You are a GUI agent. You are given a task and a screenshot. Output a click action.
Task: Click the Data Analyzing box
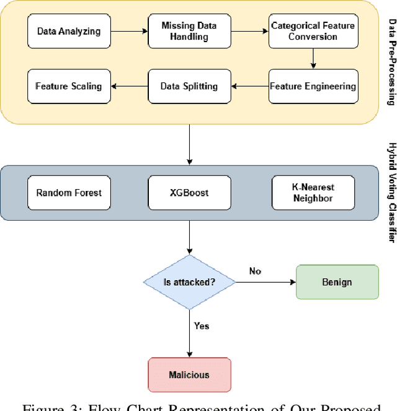point(69,30)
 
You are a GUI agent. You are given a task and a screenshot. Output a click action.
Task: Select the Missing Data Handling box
point(190,30)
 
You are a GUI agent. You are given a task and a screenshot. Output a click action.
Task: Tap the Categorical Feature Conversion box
point(313,30)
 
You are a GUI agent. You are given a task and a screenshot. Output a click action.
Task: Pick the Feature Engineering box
point(313,86)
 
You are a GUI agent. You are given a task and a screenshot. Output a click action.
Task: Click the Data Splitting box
point(190,86)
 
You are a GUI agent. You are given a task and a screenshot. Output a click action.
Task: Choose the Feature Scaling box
point(69,86)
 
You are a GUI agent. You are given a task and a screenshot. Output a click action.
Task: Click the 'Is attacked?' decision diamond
point(190,282)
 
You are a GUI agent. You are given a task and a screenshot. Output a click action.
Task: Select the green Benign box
point(337,282)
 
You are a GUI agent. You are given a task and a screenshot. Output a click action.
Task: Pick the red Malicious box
point(189,374)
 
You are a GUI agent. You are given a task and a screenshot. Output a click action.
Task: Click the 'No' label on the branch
point(256,271)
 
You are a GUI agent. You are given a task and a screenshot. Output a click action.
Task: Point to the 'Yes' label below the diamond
point(202,325)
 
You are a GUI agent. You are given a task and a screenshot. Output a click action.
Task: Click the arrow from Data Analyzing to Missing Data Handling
point(130,30)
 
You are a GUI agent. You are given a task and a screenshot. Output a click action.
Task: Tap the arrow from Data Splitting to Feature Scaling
point(130,86)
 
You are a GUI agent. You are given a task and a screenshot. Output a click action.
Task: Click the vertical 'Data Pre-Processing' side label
point(391,62)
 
